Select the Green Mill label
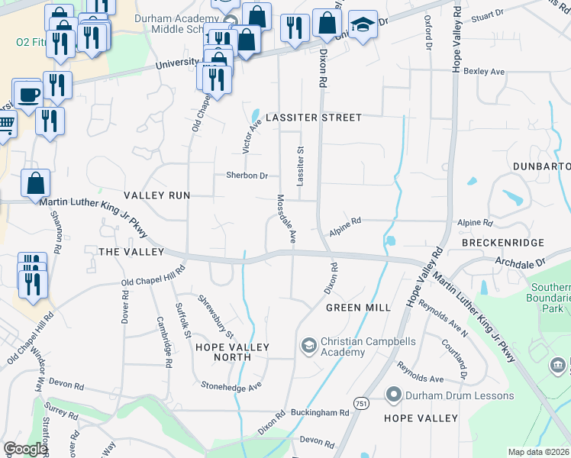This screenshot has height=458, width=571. pyautogui.click(x=358, y=308)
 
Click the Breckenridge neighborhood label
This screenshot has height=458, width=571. pyautogui.click(x=502, y=243)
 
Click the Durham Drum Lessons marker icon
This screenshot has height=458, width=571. pyautogui.click(x=394, y=395)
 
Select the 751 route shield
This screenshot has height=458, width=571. pyautogui.click(x=361, y=402)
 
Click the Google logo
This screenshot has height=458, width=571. pyautogui.click(x=25, y=449)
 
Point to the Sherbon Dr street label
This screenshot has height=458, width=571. pyautogui.click(x=247, y=176)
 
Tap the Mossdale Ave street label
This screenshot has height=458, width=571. pyautogui.click(x=285, y=218)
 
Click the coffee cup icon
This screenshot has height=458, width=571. pyautogui.click(x=28, y=95)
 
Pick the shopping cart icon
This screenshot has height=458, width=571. pyautogui.click(x=5, y=126)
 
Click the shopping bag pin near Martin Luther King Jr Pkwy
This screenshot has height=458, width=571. pyautogui.click(x=36, y=184)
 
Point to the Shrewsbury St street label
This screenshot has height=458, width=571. pyautogui.click(x=217, y=317)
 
